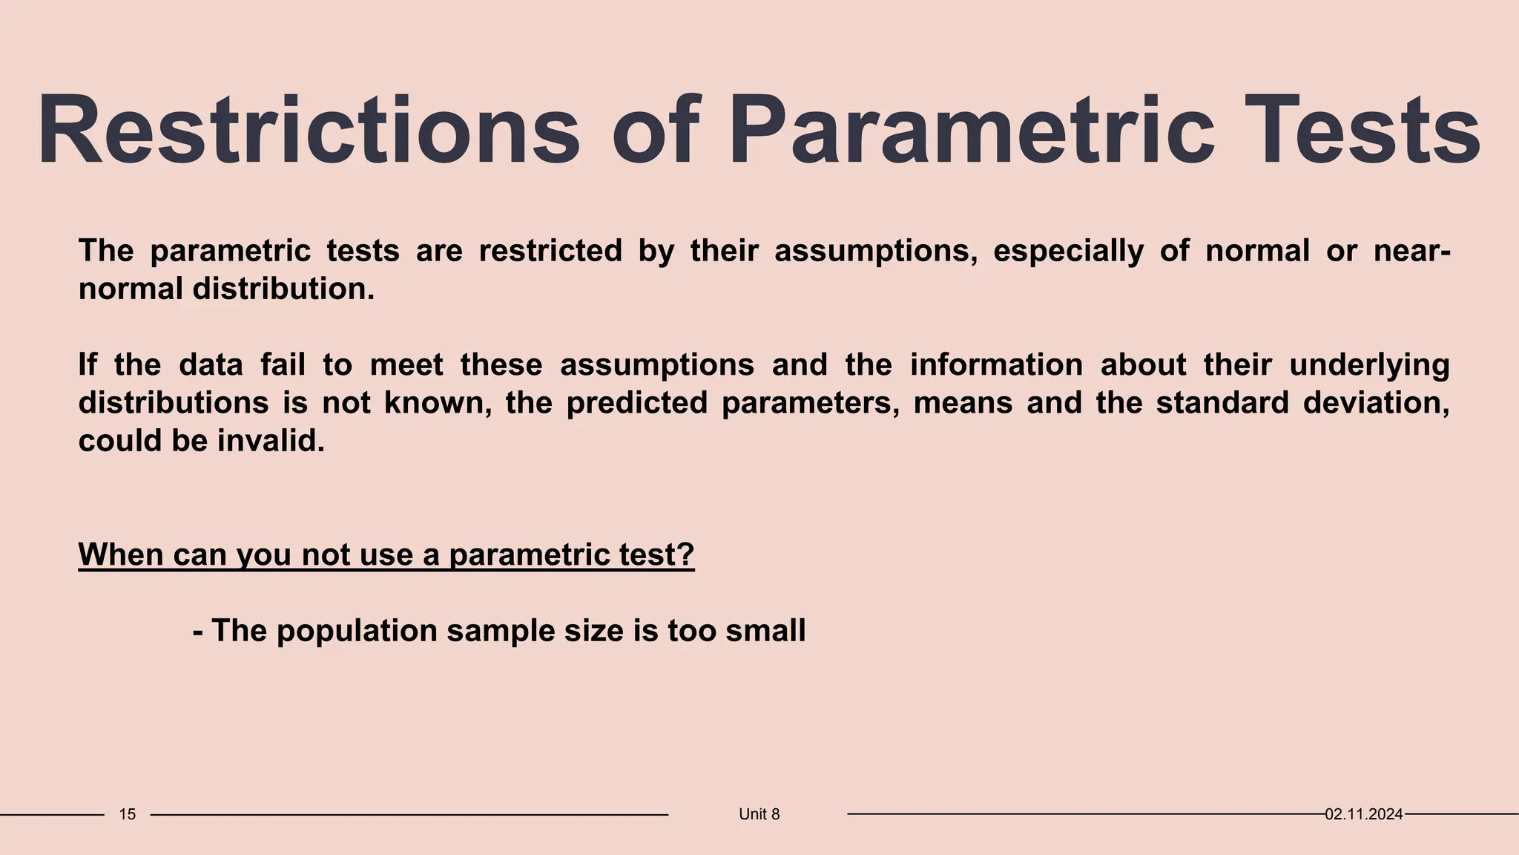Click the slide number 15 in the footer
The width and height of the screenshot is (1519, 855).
128,814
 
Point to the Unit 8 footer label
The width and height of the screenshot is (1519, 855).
759,814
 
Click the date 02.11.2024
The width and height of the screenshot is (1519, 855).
1363,814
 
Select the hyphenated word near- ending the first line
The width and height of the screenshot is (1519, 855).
1411,251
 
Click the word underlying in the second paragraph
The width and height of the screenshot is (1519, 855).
1369,365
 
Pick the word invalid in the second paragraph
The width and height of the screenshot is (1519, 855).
271,441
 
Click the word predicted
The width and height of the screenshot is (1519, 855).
636,403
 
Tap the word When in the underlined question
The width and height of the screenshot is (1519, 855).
121,554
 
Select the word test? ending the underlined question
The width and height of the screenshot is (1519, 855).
655,554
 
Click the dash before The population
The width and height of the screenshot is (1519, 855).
198,631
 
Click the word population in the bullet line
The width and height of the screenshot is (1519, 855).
357,631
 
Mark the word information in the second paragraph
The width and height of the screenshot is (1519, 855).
995,365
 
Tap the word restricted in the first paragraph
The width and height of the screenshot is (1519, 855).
550,251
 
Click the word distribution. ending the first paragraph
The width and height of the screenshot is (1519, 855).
283,289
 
